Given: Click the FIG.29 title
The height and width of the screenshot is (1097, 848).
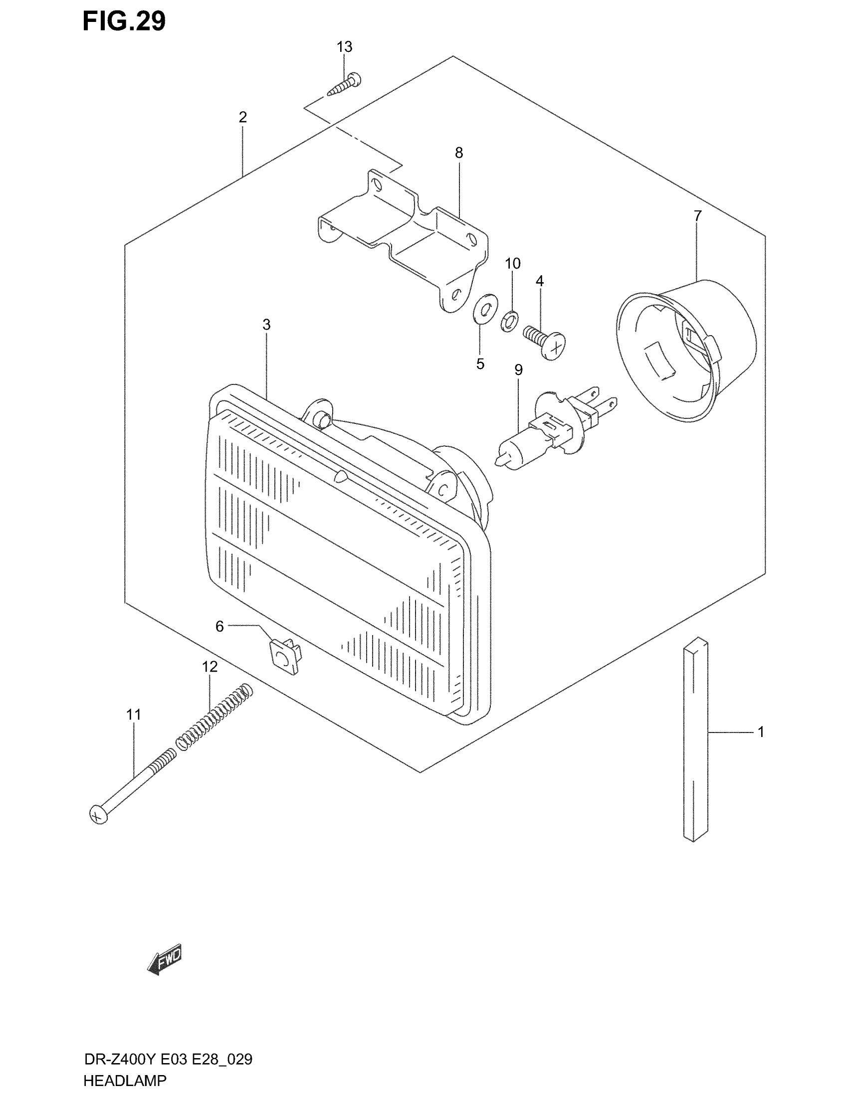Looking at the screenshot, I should (x=124, y=21).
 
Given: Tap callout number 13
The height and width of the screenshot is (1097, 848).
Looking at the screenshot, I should (x=344, y=47).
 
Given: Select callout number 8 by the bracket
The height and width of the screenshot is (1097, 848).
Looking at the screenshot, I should (x=458, y=153).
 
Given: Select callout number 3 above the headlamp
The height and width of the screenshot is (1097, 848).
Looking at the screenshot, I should (x=266, y=325).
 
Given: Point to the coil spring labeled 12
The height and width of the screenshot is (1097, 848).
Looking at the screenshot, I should (x=214, y=716).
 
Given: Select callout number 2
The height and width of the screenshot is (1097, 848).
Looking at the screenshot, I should (x=242, y=118).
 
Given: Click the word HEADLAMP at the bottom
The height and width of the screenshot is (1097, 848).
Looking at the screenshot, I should (x=125, y=1080).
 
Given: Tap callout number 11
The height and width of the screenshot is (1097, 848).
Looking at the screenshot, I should (x=133, y=714).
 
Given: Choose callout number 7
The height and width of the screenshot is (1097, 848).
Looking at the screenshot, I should (x=697, y=216).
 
